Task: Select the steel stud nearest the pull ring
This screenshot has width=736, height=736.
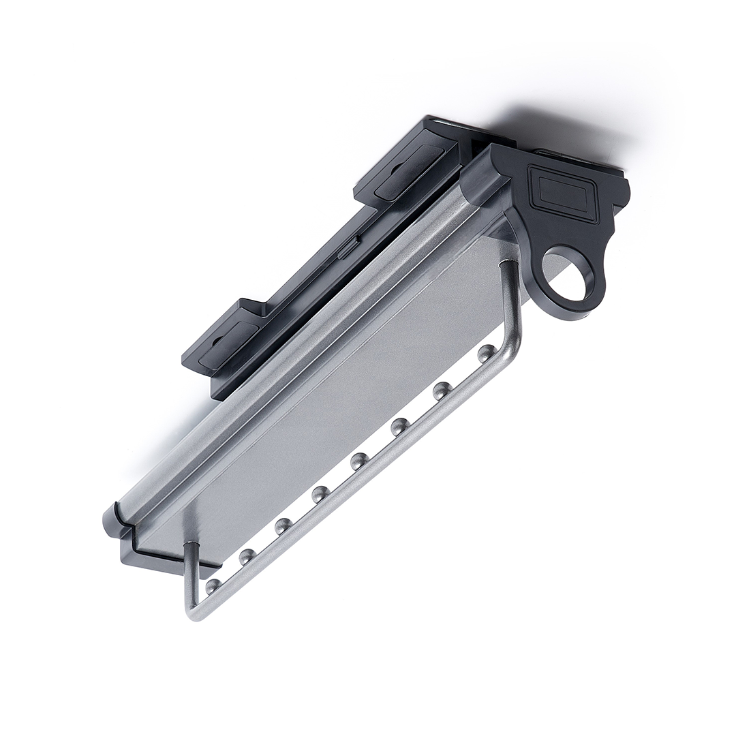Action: point(486,352)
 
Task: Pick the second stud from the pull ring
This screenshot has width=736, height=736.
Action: point(442,390)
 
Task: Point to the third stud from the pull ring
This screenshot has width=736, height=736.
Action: point(399,427)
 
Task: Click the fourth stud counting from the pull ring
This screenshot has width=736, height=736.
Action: point(359,461)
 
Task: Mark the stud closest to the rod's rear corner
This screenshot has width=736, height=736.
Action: point(213,585)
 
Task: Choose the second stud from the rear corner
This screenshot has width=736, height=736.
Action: point(247,556)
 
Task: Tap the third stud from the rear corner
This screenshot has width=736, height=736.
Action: point(283,525)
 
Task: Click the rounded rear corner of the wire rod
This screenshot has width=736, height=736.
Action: point(194,611)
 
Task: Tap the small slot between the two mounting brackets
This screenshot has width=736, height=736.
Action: point(346,247)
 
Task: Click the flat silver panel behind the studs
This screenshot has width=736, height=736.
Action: point(327,409)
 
